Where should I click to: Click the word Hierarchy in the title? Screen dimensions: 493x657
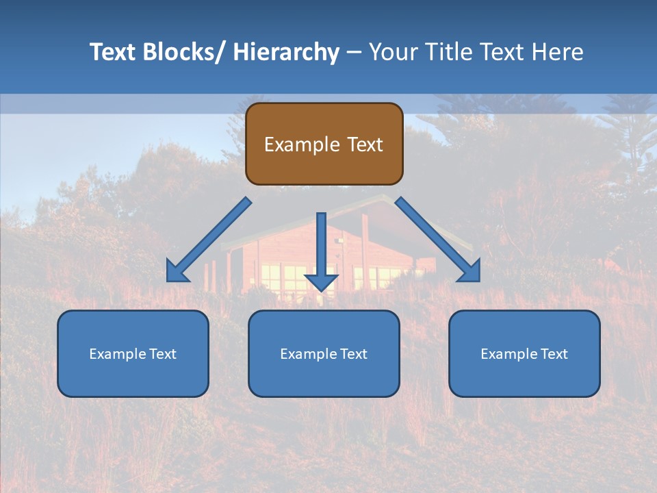tap(286, 52)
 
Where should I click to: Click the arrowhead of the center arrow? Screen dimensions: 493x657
tap(321, 281)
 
